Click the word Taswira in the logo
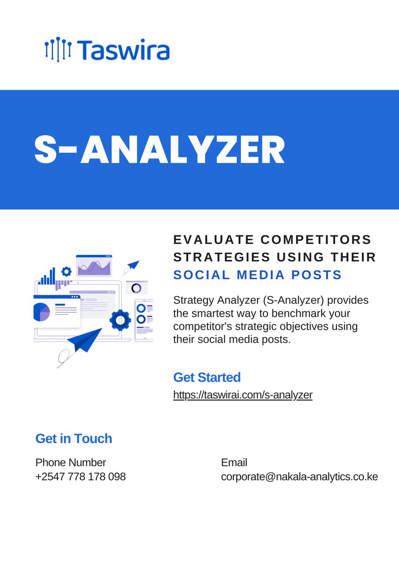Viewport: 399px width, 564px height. coord(124,50)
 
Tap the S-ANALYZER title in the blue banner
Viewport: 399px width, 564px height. coord(160,150)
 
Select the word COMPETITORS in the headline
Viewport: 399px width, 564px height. coord(316,240)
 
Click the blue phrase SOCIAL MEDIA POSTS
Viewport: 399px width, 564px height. coord(257,275)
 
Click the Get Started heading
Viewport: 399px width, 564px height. coord(207,377)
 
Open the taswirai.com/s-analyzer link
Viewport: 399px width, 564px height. coord(242,395)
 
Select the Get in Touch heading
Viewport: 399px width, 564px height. coord(74,439)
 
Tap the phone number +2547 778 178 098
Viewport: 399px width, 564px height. coord(80,477)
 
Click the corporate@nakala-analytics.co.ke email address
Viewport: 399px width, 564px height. coord(299,477)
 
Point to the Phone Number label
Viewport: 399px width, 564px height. coord(71,462)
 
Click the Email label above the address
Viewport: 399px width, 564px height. coord(234,462)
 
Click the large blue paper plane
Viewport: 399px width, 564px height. coord(85,339)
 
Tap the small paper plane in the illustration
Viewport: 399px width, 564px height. coord(133,265)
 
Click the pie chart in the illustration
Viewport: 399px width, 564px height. coord(41,312)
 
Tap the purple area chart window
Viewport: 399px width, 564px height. coord(94,266)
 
